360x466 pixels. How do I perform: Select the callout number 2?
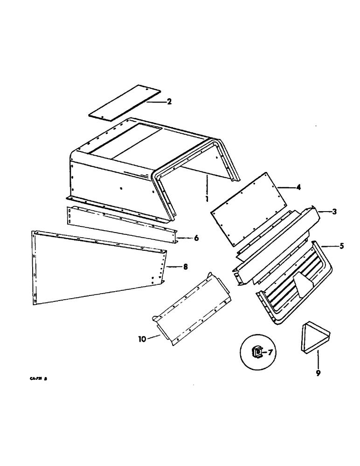[x=169, y=101]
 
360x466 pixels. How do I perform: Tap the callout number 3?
[x=334, y=212]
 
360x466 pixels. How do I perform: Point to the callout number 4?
[x=298, y=187]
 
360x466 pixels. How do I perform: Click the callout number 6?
[x=196, y=238]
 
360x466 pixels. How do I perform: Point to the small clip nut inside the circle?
[x=257, y=353]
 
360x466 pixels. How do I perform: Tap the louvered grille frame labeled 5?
[x=294, y=284]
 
